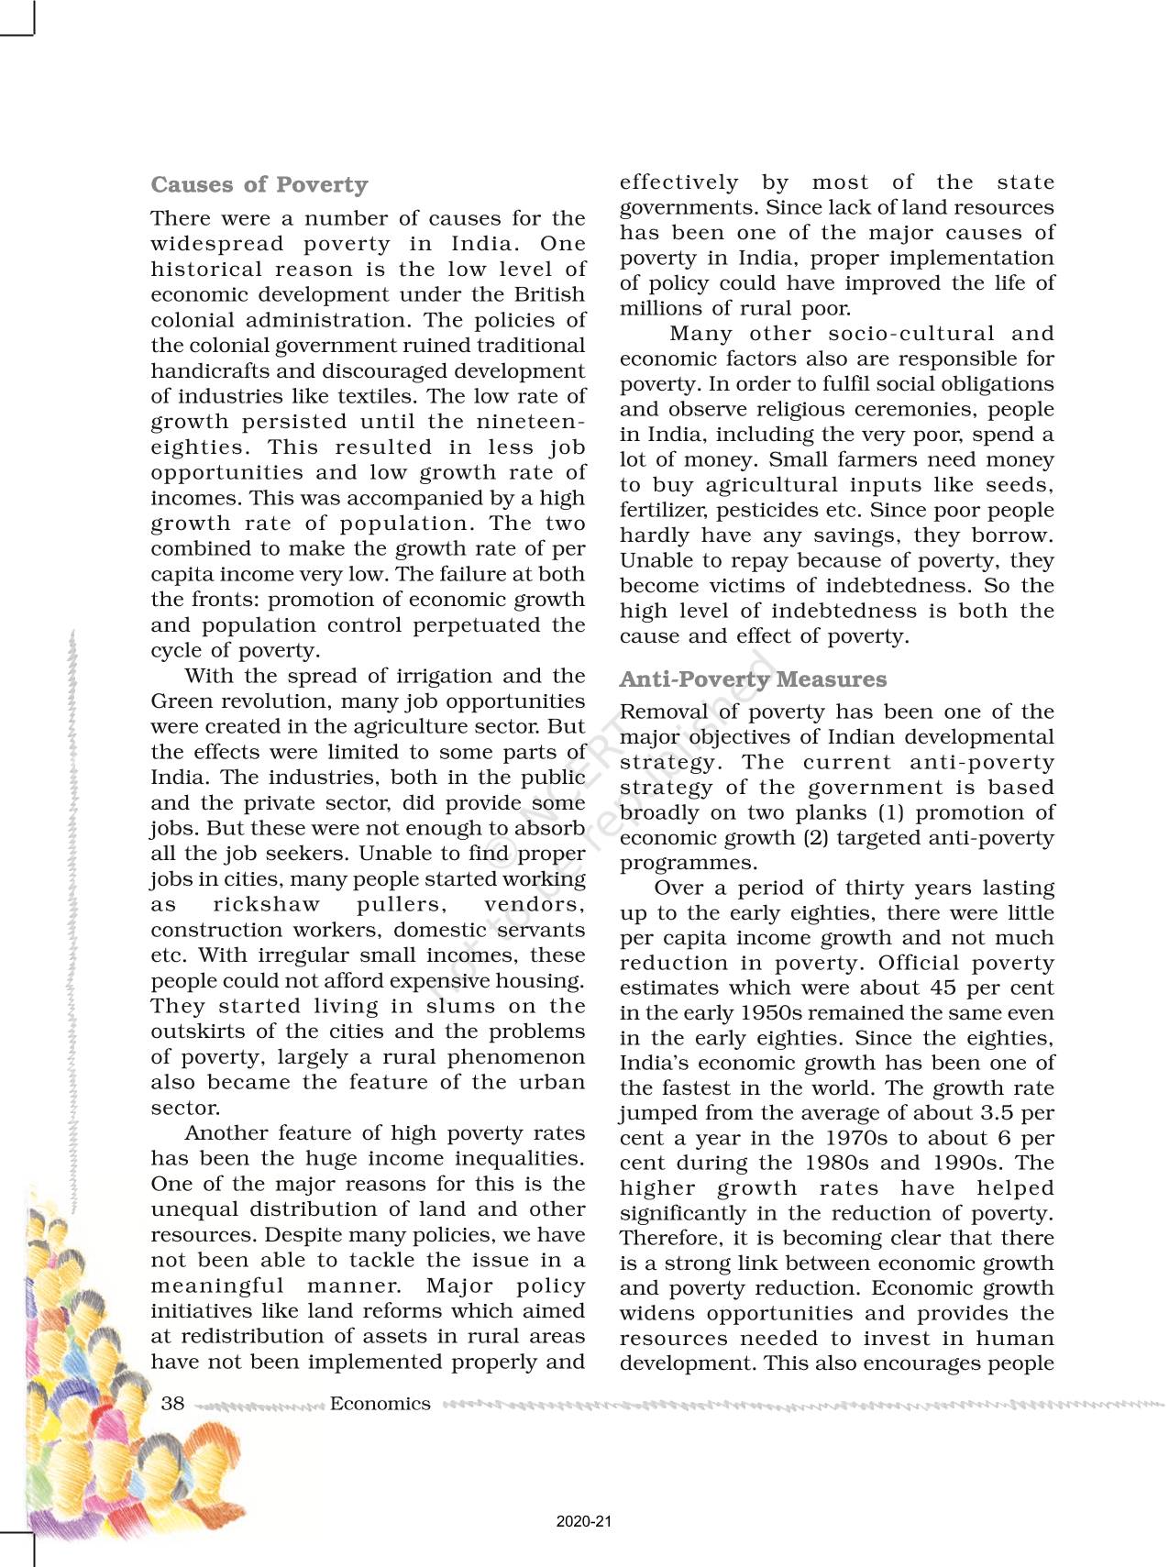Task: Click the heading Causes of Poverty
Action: [259, 185]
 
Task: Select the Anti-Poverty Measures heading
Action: [753, 679]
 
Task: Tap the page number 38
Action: [172, 1404]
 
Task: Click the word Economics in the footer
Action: [380, 1404]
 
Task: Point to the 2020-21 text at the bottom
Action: [583, 1521]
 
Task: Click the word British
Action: [549, 294]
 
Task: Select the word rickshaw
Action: [266, 904]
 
